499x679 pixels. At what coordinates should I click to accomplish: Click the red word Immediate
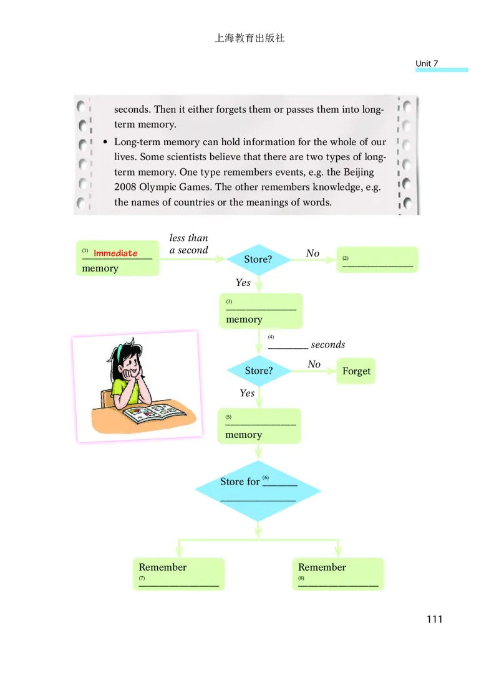pos(115,253)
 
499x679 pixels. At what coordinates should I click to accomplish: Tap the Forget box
pos(356,371)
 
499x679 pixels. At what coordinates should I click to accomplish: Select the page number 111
pos(434,619)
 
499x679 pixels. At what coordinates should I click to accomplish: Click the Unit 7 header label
pos(427,64)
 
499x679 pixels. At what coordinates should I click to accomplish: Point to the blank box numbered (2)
pos(377,259)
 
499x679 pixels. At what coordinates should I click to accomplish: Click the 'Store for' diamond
pos(258,491)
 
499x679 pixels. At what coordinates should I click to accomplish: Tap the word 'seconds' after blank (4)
pos(328,344)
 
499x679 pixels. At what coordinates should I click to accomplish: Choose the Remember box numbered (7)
pos(179,574)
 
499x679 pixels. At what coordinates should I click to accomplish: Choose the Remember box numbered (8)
pos(338,574)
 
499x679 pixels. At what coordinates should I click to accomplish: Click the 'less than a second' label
pos(188,244)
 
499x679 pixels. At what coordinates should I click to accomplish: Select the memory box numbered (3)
pos(261,311)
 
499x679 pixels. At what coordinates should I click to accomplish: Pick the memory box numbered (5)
pos(259,426)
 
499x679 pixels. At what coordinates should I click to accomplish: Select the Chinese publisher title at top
pos(249,38)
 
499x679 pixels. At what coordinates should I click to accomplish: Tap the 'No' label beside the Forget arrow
pos(314,364)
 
